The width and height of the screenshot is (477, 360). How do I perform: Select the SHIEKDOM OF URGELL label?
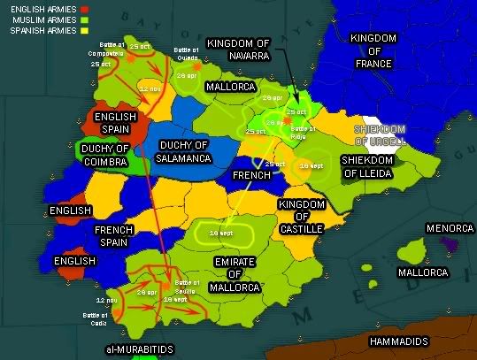381,134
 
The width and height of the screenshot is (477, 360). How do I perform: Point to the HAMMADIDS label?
397,341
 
